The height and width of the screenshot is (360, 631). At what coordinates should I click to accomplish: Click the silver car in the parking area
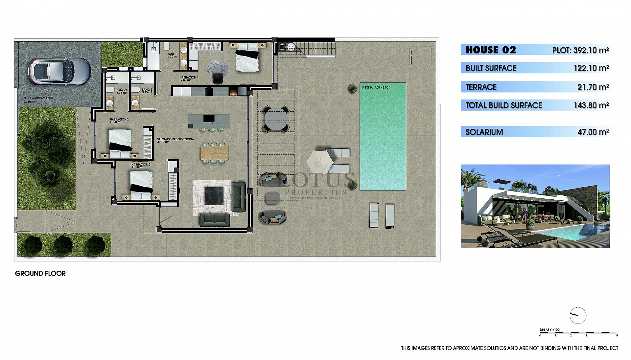(x=59, y=71)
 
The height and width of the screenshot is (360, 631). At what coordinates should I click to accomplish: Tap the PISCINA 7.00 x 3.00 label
(x=375, y=88)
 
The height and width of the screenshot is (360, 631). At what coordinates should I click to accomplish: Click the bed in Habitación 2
(x=120, y=144)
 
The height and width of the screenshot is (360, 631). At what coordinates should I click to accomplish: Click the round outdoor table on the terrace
(x=276, y=119)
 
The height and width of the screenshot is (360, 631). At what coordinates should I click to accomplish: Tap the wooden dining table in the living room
(x=214, y=152)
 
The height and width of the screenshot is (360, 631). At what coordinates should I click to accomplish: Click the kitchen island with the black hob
(x=209, y=121)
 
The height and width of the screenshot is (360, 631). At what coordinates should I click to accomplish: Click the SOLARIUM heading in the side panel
(x=484, y=132)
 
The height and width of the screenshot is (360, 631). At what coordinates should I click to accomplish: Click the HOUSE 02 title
(x=491, y=50)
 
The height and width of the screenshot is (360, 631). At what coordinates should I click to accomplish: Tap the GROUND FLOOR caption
(x=40, y=273)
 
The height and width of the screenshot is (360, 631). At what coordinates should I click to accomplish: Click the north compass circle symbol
(x=578, y=315)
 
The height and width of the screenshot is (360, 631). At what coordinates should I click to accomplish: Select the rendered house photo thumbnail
(x=535, y=206)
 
